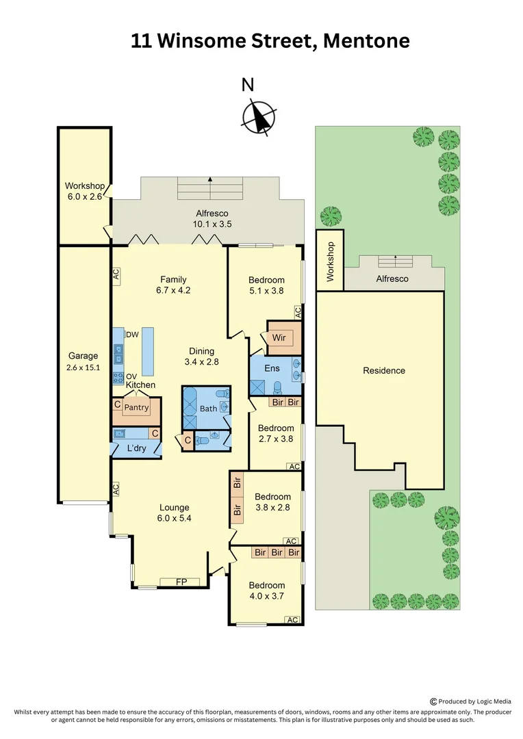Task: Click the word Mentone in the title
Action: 366,41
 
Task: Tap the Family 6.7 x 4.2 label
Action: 173,285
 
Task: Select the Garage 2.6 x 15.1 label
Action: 83,361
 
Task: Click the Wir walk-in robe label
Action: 279,337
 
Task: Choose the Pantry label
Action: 136,408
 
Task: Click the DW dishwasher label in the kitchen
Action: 132,334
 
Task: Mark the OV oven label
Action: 131,376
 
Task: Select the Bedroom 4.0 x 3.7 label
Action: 266,591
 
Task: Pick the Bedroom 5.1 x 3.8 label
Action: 266,285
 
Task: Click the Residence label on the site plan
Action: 384,370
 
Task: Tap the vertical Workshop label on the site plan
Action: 330,261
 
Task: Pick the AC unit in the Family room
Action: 116,275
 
